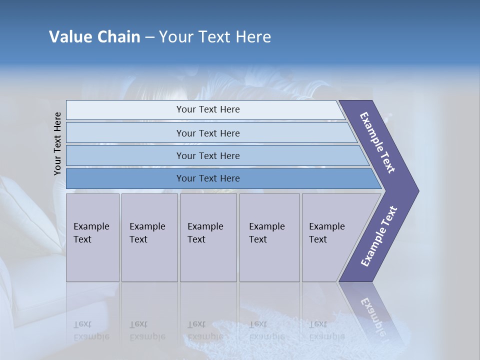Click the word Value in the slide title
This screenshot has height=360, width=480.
pyautogui.click(x=68, y=37)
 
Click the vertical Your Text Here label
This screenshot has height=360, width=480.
pyautogui.click(x=57, y=143)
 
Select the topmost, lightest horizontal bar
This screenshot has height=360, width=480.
pyautogui.click(x=207, y=109)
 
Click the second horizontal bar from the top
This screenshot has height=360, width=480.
pyautogui.click(x=207, y=133)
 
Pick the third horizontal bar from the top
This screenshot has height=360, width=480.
pyautogui.click(x=207, y=155)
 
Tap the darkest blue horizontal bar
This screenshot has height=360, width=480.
pyautogui.click(x=207, y=178)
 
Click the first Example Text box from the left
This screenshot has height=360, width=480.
pyautogui.click(x=92, y=237)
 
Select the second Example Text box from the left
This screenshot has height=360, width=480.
pyautogui.click(x=149, y=237)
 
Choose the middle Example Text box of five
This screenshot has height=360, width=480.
pyautogui.click(x=207, y=237)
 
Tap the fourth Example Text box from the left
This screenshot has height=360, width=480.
pyautogui.click(x=269, y=237)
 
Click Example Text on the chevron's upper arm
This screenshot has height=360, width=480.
pyautogui.click(x=378, y=142)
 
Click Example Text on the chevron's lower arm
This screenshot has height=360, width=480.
pyautogui.click(x=379, y=236)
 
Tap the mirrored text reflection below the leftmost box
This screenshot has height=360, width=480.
pyautogui.click(x=91, y=330)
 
